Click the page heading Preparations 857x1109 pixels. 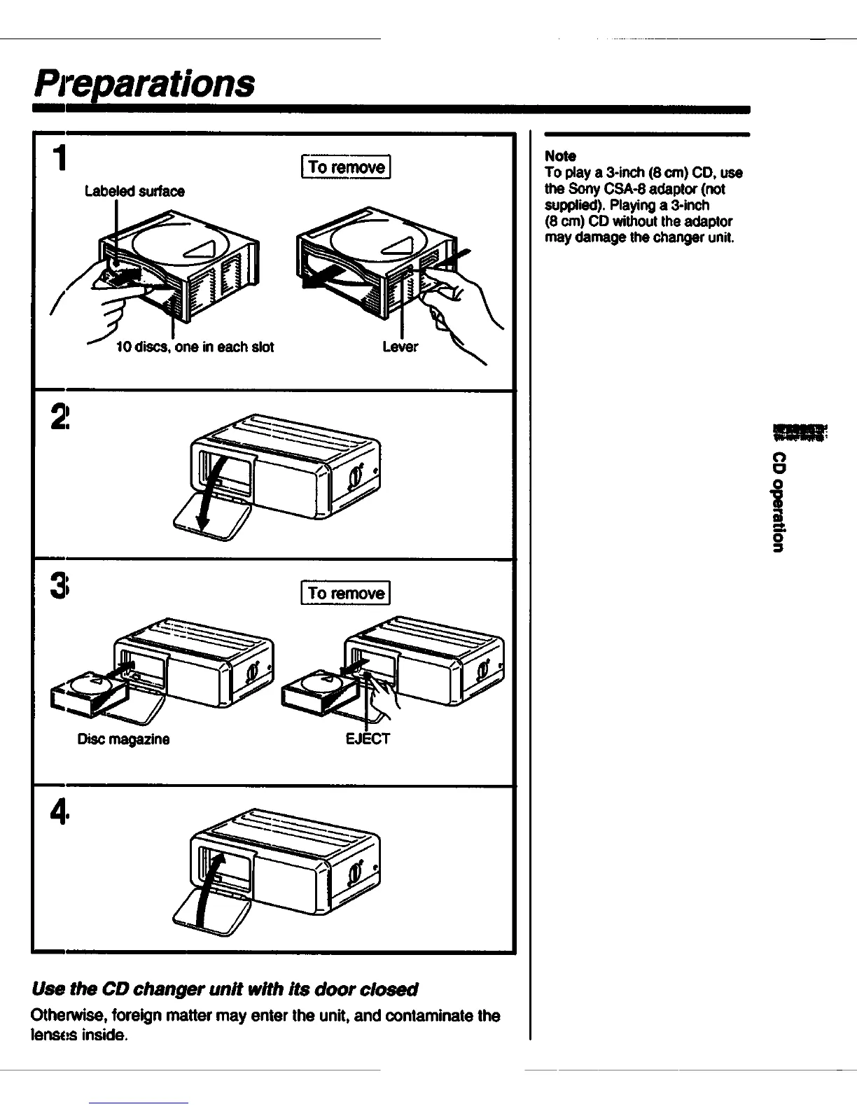click(144, 83)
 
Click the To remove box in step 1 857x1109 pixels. click(346, 167)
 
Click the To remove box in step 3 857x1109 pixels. click(346, 593)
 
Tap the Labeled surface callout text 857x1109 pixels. click(134, 191)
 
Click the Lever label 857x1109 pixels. click(400, 347)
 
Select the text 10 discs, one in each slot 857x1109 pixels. click(195, 347)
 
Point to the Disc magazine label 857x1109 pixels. click(123, 739)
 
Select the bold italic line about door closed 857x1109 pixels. click(224, 989)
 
